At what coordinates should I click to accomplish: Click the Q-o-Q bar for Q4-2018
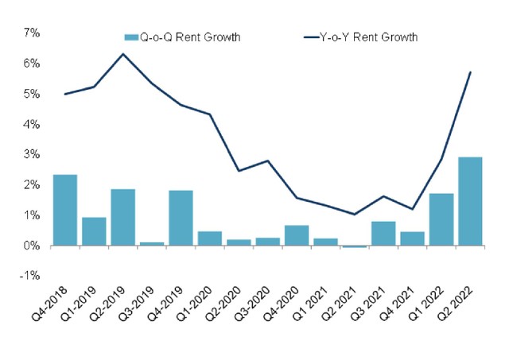pos(64,210)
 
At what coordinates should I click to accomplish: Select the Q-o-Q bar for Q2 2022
pos(469,201)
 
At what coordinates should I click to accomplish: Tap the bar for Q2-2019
pos(122,217)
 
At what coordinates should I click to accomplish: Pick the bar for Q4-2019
pos(181,218)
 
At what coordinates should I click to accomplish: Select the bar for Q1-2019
pos(94,231)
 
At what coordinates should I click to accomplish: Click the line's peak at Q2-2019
pos(122,54)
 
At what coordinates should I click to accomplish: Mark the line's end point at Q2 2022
pos(470,72)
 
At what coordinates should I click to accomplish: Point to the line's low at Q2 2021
pos(354,215)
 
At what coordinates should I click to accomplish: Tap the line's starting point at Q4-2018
pos(64,94)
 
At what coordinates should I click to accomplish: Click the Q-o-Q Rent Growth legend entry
pos(183,37)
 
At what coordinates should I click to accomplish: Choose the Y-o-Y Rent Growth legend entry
pos(362,37)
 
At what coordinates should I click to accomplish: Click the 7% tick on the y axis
pos(32,33)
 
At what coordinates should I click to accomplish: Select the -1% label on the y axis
pos(30,276)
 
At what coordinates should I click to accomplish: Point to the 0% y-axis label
pos(32,246)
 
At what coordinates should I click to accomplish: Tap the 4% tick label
pos(32,124)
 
